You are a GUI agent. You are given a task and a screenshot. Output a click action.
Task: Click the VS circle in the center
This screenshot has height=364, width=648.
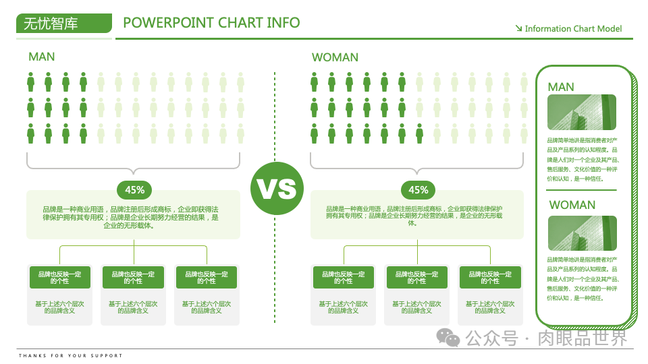pyautogui.click(x=275, y=189)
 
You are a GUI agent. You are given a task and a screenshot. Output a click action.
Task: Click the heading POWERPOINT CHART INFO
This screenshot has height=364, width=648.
pyautogui.click(x=211, y=22)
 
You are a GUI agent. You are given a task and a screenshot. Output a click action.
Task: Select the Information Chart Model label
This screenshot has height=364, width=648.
pyautogui.click(x=573, y=28)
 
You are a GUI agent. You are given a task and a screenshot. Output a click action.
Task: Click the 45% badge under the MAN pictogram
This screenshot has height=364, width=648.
pyautogui.click(x=134, y=190)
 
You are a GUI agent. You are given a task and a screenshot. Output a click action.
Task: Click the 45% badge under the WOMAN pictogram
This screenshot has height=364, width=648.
pyautogui.click(x=418, y=190)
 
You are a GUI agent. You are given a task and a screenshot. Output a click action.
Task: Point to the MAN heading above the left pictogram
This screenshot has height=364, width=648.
pyautogui.click(x=42, y=57)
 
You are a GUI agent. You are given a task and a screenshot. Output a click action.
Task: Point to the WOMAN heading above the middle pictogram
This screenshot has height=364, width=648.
pyautogui.click(x=335, y=57)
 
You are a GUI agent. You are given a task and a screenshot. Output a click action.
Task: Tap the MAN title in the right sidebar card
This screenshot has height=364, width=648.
pyautogui.click(x=561, y=87)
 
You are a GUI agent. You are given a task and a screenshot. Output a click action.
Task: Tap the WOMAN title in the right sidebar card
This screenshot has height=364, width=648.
pyautogui.click(x=572, y=205)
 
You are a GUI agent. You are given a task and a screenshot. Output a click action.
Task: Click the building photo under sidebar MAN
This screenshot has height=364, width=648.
pyautogui.click(x=581, y=112)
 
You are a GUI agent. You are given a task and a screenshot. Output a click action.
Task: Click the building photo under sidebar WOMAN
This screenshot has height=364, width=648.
pyautogui.click(x=581, y=233)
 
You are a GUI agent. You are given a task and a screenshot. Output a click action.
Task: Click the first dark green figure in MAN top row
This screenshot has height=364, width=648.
pyautogui.click(x=31, y=82)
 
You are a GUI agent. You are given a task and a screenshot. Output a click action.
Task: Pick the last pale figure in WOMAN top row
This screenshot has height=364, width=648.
pyautogui.click(x=524, y=82)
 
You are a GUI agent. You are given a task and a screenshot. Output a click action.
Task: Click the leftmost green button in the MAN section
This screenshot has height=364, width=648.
pyautogui.click(x=60, y=277)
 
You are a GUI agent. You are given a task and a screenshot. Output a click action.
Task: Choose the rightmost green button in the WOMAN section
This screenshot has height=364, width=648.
pyautogui.click(x=490, y=277)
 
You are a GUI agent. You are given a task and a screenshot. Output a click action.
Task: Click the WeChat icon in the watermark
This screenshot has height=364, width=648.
pyautogui.click(x=447, y=336)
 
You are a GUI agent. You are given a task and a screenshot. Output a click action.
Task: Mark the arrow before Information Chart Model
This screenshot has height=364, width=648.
pyautogui.click(x=518, y=28)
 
